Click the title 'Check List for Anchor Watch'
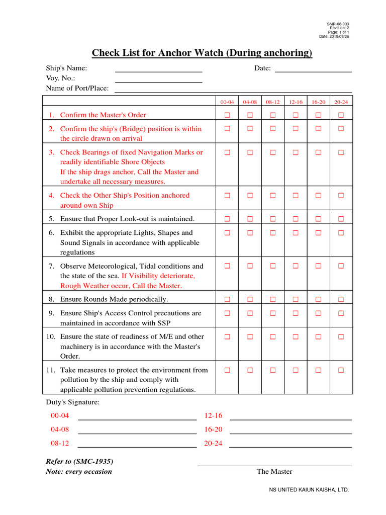[x=202, y=53]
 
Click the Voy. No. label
[x=61, y=78]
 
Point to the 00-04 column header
[x=227, y=102]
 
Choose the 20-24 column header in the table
[x=341, y=102]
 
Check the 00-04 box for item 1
[x=227, y=115]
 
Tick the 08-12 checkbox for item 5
[x=272, y=219]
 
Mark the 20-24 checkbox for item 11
[x=341, y=370]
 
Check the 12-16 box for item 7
[x=296, y=266]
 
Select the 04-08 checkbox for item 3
[x=250, y=152]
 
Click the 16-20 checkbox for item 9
[x=318, y=313]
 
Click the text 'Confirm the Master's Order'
[x=103, y=115]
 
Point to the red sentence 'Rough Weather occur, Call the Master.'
[x=121, y=286]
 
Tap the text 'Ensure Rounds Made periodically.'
[x=114, y=299]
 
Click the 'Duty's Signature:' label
[x=73, y=402]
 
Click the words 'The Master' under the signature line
[x=274, y=471]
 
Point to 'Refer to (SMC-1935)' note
[x=79, y=461]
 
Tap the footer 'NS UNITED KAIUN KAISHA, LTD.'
[x=309, y=489]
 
